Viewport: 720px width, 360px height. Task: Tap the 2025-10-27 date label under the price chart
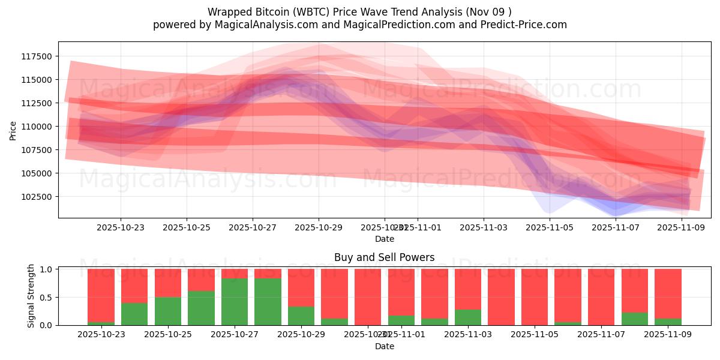point(253,228)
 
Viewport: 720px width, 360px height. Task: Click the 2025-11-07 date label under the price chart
point(616,228)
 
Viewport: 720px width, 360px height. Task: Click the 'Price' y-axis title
point(13,130)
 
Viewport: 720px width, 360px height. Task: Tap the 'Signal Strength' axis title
point(31,296)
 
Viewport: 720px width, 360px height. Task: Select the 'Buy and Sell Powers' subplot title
point(384,257)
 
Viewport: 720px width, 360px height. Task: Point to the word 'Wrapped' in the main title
point(227,12)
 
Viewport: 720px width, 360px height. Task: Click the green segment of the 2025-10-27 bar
point(235,302)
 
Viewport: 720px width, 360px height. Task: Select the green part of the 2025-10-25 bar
point(168,311)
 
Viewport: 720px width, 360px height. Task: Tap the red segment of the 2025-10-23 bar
point(101,294)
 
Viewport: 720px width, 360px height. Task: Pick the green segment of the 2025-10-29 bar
point(301,316)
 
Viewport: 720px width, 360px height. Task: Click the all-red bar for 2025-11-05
point(535,297)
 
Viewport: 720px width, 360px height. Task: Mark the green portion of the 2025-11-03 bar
point(468,317)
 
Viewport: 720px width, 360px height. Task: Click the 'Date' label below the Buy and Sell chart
point(384,346)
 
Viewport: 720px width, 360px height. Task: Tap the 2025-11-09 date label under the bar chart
point(668,335)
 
